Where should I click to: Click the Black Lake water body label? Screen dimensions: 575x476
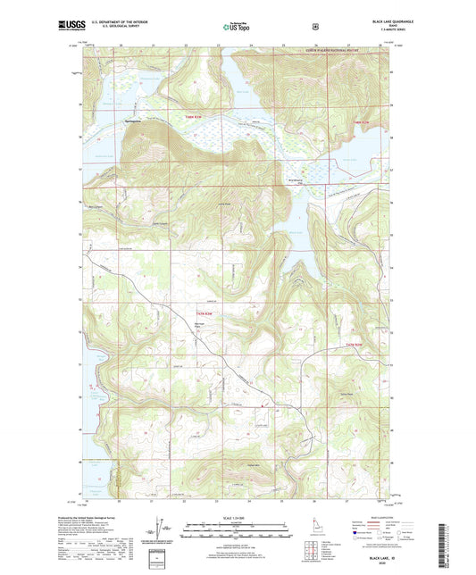[295, 235]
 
